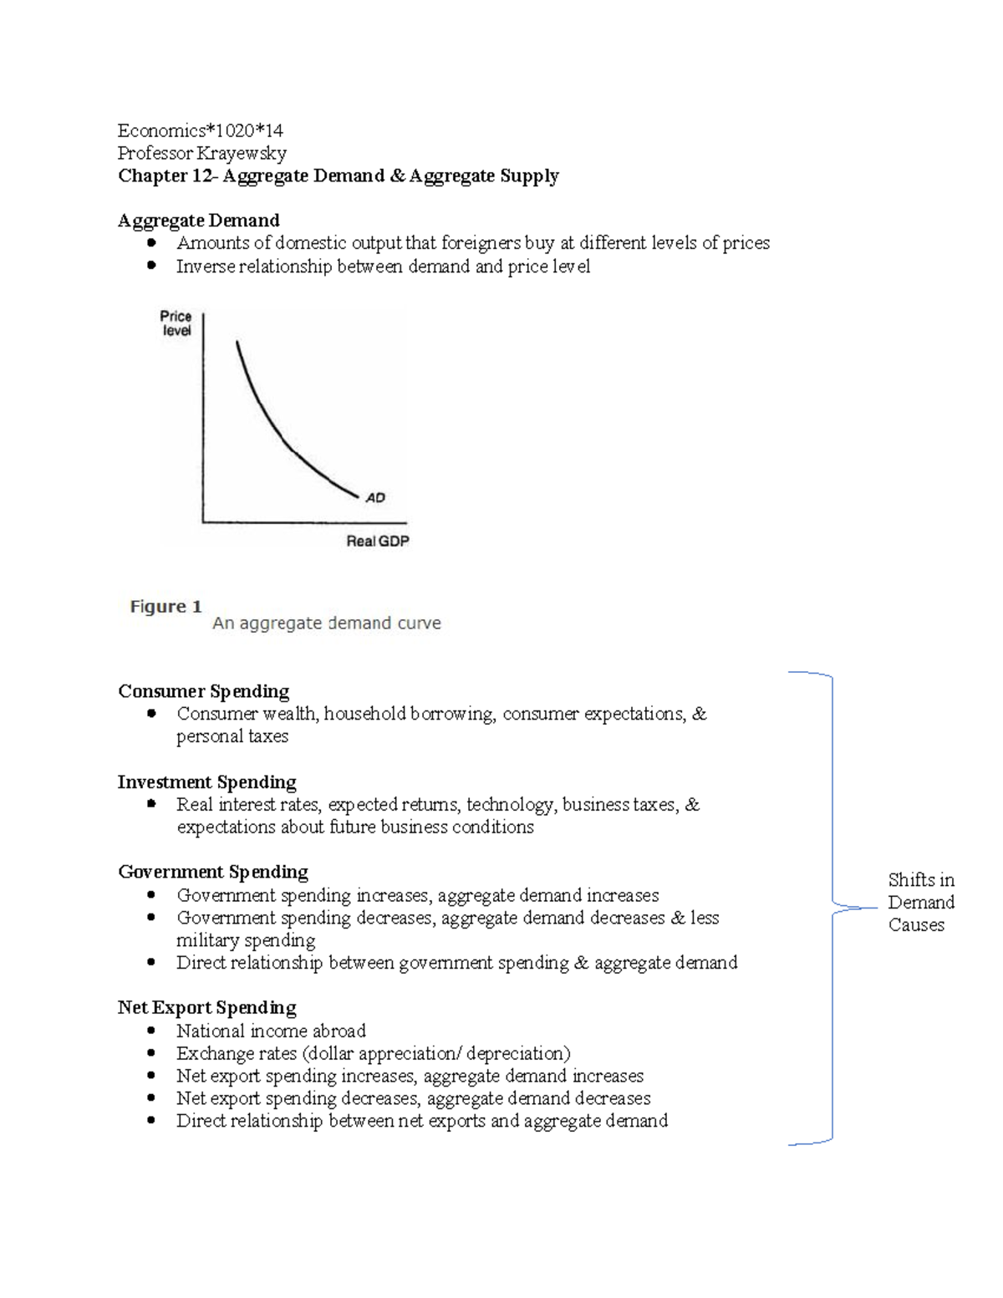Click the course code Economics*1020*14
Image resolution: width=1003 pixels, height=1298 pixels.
pyautogui.click(x=200, y=130)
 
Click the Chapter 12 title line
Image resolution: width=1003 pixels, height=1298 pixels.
pyautogui.click(x=338, y=176)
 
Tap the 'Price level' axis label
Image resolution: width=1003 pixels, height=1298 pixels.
pyautogui.click(x=176, y=323)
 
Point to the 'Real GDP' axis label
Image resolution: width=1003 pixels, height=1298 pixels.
pyautogui.click(x=378, y=542)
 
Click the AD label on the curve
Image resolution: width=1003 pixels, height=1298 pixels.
pyautogui.click(x=375, y=498)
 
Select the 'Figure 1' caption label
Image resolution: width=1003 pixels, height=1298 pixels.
pyautogui.click(x=165, y=607)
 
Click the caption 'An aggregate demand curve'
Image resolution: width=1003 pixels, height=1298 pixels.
pyautogui.click(x=326, y=624)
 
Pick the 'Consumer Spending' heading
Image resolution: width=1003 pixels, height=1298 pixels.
pyautogui.click(x=203, y=691)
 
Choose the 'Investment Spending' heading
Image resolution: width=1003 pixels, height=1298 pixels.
pyautogui.click(x=206, y=782)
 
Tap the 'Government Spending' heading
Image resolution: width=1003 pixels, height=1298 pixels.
pyautogui.click(x=212, y=873)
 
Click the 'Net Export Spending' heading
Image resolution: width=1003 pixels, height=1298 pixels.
pyautogui.click(x=206, y=1008)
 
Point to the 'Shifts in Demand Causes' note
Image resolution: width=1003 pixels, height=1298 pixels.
pyautogui.click(x=920, y=903)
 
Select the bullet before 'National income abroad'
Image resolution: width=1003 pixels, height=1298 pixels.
pyautogui.click(x=151, y=1031)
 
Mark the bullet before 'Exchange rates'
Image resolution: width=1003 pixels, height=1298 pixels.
pyautogui.click(x=151, y=1054)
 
